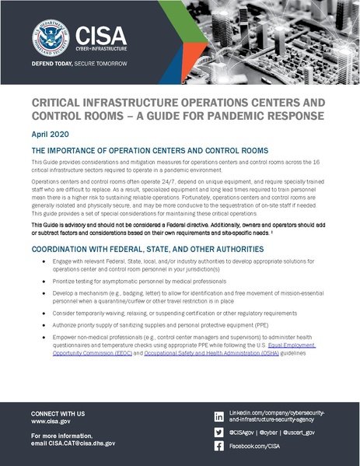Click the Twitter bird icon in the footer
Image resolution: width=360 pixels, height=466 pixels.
point(218,432)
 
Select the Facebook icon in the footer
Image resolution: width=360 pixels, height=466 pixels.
point(218,447)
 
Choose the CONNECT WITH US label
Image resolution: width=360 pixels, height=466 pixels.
point(58,412)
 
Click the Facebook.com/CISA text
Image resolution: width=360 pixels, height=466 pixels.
point(256,447)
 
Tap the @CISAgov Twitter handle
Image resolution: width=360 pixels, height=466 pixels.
point(246,432)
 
